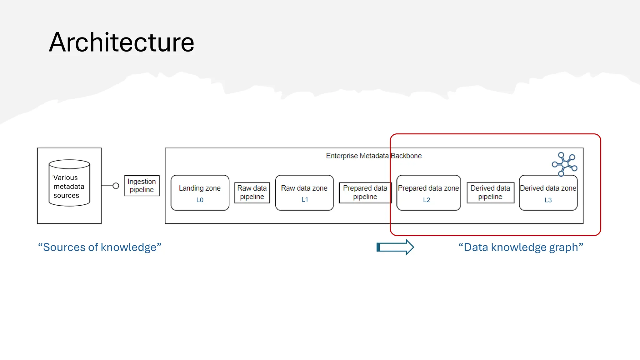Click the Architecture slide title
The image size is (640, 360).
tap(122, 42)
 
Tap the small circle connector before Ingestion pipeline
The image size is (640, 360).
tap(116, 186)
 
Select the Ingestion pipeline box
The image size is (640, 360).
tap(142, 186)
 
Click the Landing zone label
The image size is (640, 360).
tap(200, 188)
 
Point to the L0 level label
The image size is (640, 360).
tap(200, 200)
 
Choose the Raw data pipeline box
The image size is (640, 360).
tap(252, 192)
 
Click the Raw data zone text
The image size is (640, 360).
tap(304, 188)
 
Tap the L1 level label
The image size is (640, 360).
tap(305, 200)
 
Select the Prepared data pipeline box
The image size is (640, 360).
tap(365, 192)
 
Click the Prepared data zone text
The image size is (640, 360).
tap(428, 188)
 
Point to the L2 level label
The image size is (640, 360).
tap(427, 200)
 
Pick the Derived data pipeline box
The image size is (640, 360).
tap(490, 192)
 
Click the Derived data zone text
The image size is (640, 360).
tap(548, 188)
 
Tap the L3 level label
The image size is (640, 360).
tap(548, 200)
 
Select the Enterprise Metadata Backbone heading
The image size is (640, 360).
tap(374, 156)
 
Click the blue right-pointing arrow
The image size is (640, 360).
tap(395, 247)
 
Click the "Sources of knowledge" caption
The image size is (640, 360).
tap(100, 247)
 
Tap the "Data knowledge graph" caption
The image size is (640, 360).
tap(521, 247)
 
